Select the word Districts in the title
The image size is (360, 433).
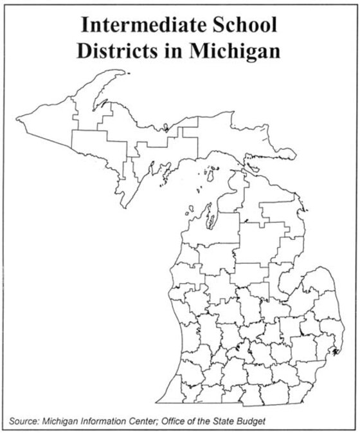[116, 50]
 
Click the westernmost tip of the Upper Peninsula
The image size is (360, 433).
[17, 116]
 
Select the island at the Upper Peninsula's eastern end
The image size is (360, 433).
[286, 154]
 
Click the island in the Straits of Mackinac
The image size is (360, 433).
[243, 169]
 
